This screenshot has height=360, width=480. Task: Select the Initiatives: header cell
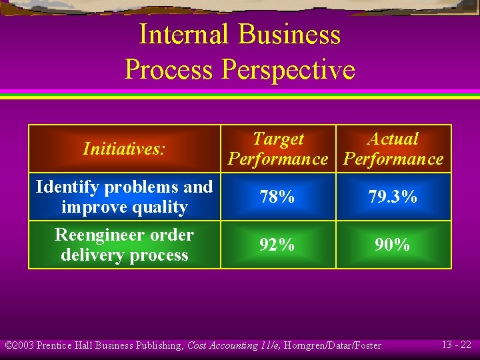click(x=124, y=149)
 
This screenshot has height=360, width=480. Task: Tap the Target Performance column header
click(x=278, y=149)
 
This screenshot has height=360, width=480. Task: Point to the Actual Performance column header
click(x=393, y=149)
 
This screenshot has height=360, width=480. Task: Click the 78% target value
click(x=278, y=197)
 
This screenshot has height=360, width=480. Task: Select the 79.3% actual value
click(x=393, y=197)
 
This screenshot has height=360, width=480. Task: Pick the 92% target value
click(x=278, y=245)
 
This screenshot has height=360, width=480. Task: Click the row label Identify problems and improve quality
click(x=124, y=197)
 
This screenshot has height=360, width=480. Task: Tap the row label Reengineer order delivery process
click(x=124, y=245)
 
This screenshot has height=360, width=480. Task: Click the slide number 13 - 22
click(x=457, y=345)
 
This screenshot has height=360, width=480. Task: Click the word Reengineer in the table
click(x=100, y=235)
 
